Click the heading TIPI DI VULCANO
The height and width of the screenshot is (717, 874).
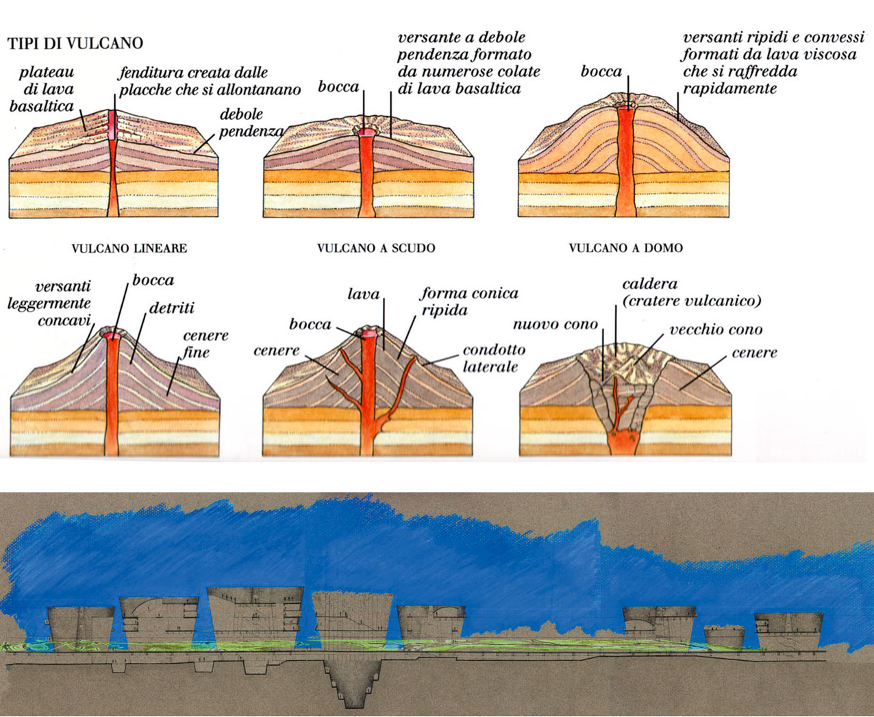tap(75, 44)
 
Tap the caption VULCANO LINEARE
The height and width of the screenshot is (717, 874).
tap(129, 248)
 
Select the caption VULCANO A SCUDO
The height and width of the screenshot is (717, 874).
tap(376, 248)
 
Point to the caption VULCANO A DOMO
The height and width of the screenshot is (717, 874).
tap(625, 248)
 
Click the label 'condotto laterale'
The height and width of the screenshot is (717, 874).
tap(494, 358)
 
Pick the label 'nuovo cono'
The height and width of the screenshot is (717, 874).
tap(555, 324)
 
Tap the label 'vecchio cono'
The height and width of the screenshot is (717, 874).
tap(716, 329)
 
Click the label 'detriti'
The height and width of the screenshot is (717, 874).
tap(172, 308)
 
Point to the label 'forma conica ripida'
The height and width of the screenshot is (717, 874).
tap(469, 301)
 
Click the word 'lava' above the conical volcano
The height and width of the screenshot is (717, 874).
tap(364, 294)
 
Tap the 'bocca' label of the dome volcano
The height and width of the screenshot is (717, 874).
tap(601, 71)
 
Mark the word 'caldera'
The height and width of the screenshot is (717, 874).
tap(650, 284)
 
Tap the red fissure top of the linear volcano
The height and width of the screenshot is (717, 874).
tap(113, 123)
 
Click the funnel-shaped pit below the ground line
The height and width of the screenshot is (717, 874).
tap(353, 681)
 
